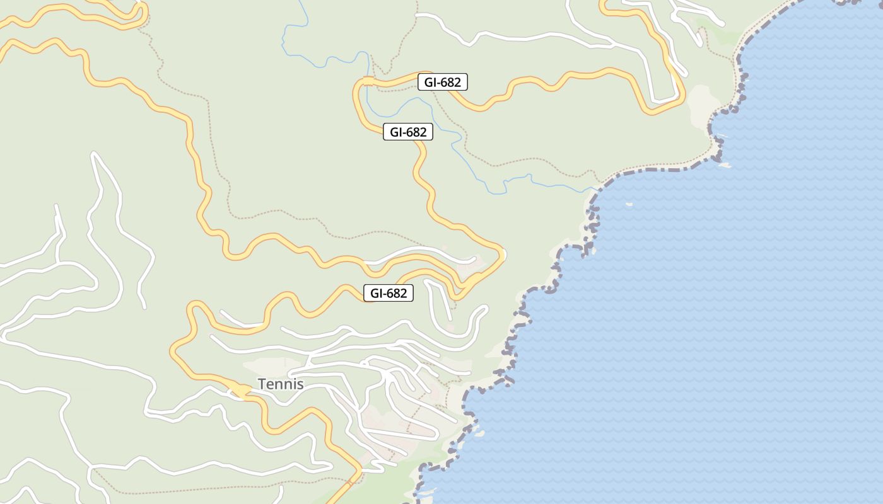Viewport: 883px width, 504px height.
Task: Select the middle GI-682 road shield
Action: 407,132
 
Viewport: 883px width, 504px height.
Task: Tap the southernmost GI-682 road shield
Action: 388,293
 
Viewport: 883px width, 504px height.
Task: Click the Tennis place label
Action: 281,384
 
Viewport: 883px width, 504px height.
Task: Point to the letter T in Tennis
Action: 262,384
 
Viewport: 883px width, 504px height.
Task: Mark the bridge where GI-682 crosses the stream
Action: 367,81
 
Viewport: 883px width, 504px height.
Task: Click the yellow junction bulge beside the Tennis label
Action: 240,391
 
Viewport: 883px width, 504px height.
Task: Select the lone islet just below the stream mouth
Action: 628,204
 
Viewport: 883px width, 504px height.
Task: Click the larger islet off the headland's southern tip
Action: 725,165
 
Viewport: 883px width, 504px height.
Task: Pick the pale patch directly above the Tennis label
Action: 271,365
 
